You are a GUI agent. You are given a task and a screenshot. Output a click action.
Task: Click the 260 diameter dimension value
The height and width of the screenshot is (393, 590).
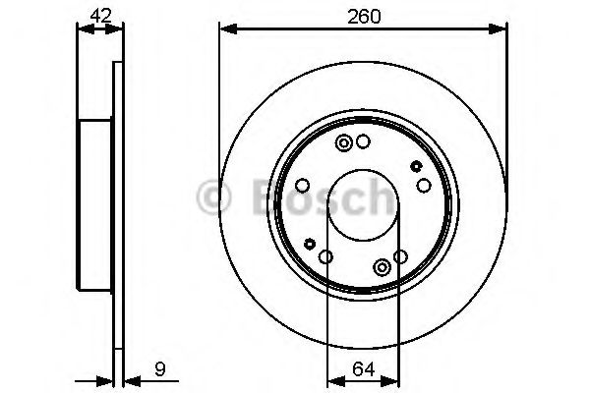coord(361,17)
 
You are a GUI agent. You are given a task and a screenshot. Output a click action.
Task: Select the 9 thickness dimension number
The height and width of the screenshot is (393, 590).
coord(158,371)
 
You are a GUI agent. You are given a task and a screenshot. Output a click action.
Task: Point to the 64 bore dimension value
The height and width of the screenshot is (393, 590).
coord(362,370)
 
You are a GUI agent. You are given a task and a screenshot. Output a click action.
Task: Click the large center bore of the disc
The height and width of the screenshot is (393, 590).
coord(362,203)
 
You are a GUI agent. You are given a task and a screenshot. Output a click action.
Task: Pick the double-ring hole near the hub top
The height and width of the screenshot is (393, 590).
coord(344,145)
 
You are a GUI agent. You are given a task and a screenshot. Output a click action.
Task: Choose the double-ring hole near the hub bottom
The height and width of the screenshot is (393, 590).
coord(382,266)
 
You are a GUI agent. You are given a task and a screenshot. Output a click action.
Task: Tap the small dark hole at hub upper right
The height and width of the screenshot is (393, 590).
coord(415,166)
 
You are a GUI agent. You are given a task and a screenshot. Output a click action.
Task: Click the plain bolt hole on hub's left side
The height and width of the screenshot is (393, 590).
coord(303,185)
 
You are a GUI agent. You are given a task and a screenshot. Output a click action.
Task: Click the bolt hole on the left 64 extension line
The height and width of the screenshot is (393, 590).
coord(325,257)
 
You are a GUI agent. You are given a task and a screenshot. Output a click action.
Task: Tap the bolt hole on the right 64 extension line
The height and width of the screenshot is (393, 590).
coord(399,257)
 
